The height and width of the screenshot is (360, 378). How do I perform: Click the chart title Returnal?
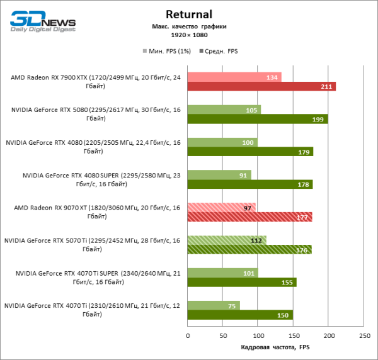[189, 14]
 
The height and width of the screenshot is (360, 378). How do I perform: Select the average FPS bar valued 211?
[261, 86]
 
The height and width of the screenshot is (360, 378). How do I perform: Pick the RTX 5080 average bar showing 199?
[257, 119]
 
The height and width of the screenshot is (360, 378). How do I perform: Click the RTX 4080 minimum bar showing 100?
[222, 142]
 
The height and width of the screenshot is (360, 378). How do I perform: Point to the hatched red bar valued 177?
[249, 217]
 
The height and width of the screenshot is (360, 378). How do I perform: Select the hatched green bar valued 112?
[227, 240]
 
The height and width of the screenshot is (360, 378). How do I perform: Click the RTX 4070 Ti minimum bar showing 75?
[214, 305]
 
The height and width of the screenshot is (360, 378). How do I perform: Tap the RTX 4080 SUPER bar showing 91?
[219, 175]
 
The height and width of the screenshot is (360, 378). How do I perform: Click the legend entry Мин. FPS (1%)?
[167, 51]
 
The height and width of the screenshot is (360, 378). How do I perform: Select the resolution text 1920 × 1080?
[189, 35]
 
